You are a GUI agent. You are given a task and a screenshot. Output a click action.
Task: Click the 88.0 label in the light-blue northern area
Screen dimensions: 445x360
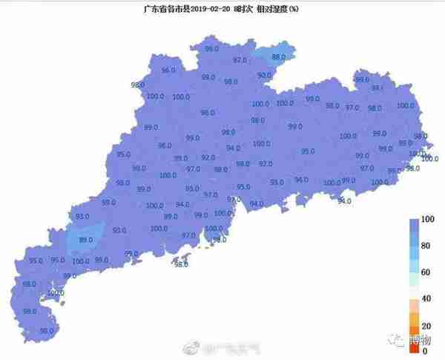(279, 57)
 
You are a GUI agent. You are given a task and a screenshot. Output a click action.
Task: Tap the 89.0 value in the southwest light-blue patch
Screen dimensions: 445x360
(85, 240)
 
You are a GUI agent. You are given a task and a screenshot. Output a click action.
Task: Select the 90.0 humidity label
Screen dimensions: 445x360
(264, 76)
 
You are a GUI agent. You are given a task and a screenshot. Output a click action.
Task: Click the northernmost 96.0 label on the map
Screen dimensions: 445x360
(212, 49)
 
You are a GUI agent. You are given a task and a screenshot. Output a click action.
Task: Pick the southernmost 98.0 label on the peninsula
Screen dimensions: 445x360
(46, 331)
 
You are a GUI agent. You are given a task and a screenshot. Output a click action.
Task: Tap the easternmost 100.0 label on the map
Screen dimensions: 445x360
(429, 159)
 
